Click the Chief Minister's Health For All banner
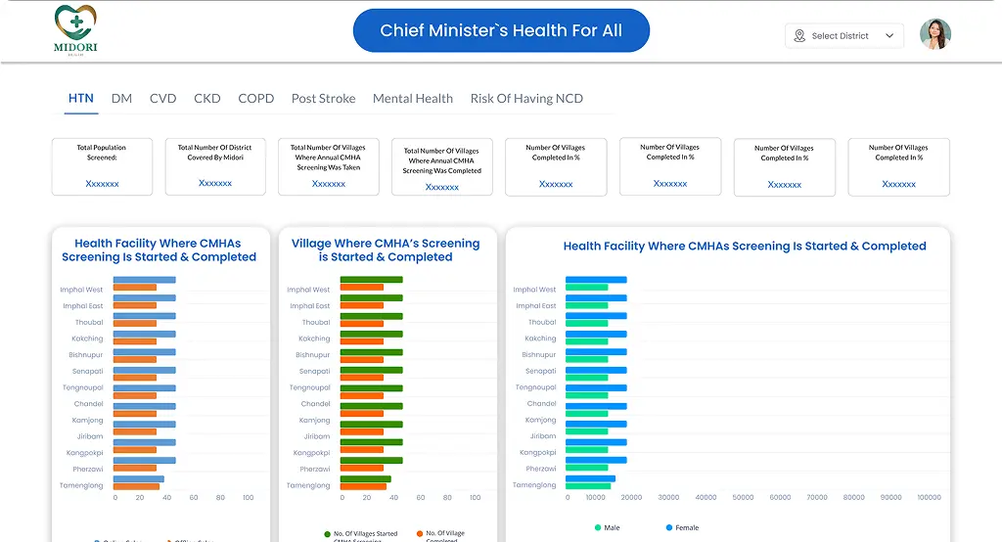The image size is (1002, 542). [x=501, y=30]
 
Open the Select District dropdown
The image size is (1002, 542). [x=843, y=36]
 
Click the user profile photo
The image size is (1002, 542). [x=935, y=35]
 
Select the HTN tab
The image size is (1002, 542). [x=81, y=99]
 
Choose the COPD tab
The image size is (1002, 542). [x=256, y=99]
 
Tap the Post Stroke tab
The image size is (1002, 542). [x=323, y=99]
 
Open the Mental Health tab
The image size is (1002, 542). [x=413, y=99]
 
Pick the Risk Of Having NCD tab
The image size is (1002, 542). [x=526, y=99]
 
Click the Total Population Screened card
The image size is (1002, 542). [x=102, y=166]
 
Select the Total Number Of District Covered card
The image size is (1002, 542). [x=215, y=166]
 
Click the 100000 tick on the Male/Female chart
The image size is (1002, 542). [x=929, y=498]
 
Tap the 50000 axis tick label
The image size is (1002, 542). [x=743, y=498]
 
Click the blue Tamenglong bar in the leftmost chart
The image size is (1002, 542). [x=138, y=479]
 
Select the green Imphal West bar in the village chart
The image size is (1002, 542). [x=371, y=280]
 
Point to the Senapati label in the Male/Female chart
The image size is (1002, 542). [x=540, y=371]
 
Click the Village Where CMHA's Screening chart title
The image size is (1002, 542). [x=386, y=250]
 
